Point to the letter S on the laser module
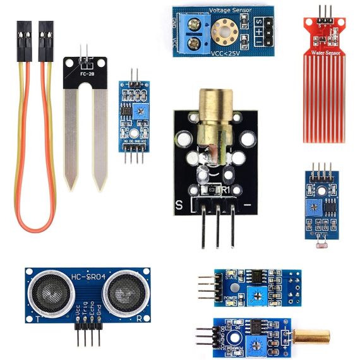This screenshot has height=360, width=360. [179, 205]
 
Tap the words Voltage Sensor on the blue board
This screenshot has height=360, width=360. [229, 10]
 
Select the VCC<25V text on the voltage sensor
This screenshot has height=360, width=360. [225, 53]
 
